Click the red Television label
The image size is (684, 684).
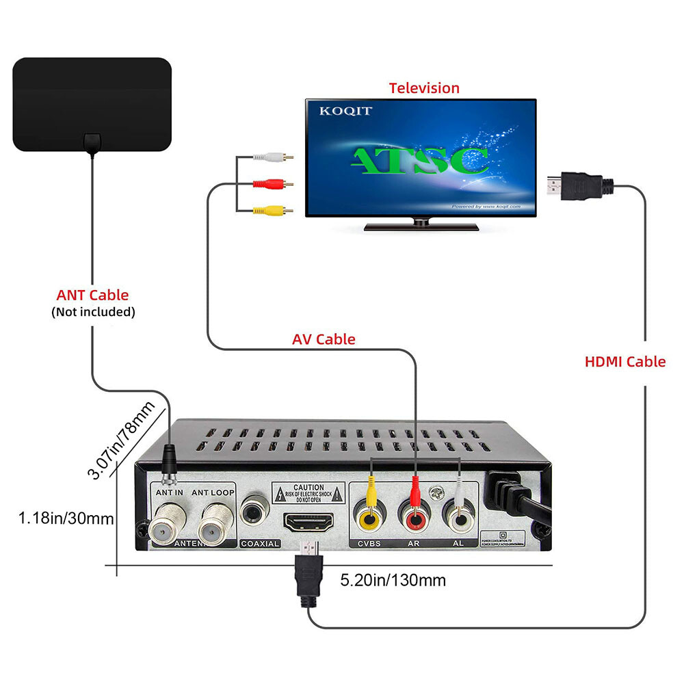[424, 88]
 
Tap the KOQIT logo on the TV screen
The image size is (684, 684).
[345, 111]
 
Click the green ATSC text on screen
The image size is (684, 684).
[419, 160]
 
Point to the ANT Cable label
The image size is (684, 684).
[92, 295]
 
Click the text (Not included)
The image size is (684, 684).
[93, 312]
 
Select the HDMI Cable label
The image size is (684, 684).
[624, 362]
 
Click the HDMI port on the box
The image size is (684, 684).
[308, 523]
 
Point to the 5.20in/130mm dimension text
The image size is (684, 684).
[393, 581]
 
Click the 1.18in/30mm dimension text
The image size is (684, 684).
[66, 518]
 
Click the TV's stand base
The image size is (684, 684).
[421, 226]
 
